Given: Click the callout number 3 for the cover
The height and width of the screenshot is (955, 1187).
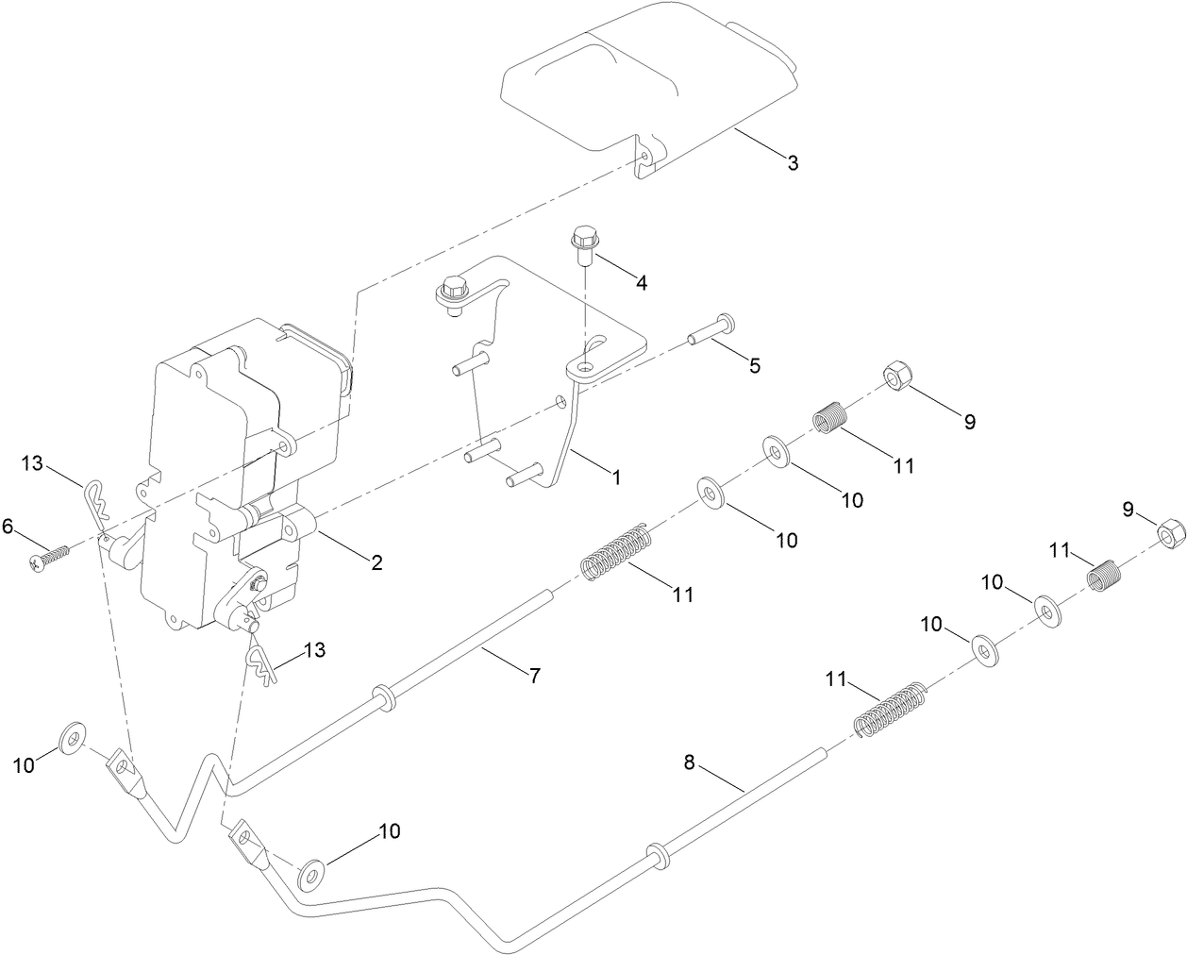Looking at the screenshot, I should [x=793, y=163].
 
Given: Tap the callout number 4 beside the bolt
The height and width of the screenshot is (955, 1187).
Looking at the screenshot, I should [x=642, y=282].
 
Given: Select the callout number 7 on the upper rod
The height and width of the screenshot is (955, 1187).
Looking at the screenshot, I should [x=534, y=676].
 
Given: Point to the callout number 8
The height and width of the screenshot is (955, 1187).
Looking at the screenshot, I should [x=689, y=762].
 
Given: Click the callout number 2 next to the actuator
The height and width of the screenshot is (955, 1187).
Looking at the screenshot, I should [x=376, y=563].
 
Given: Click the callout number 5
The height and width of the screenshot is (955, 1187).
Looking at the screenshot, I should [x=754, y=365].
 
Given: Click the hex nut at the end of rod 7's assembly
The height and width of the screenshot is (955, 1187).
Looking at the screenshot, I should [x=894, y=377].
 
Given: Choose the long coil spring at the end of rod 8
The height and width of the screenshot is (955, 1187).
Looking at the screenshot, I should [x=890, y=710].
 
